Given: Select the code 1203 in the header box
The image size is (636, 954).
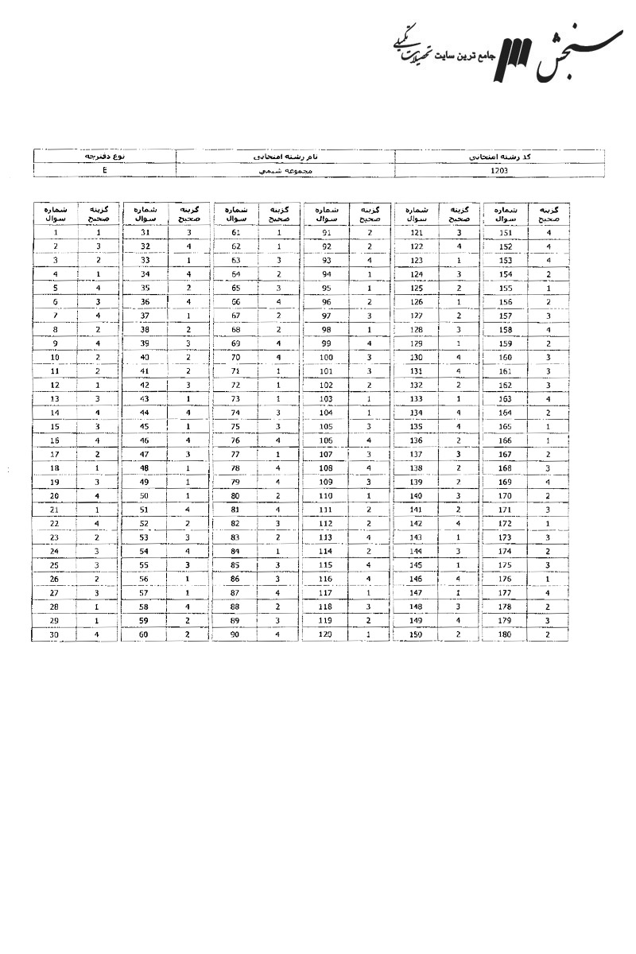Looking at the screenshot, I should click(500, 170).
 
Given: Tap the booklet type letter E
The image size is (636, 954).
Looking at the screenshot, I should click(105, 170).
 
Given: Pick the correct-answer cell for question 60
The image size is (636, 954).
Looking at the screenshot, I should click(189, 634).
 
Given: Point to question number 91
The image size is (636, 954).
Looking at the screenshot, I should click(326, 233).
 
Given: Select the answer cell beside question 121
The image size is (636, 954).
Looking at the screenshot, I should click(459, 233).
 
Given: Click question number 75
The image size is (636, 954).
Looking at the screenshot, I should click(236, 427).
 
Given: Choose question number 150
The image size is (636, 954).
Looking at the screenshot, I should click(417, 634).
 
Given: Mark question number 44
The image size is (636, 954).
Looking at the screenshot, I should click(145, 413).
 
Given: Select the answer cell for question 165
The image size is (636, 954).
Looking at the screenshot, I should click(549, 427).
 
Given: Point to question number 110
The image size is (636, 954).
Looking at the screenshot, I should click(326, 496).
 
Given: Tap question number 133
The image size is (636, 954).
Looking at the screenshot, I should click(417, 399).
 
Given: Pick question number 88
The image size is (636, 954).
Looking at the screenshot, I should click(236, 607).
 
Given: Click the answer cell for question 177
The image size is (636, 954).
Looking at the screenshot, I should click(549, 593).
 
